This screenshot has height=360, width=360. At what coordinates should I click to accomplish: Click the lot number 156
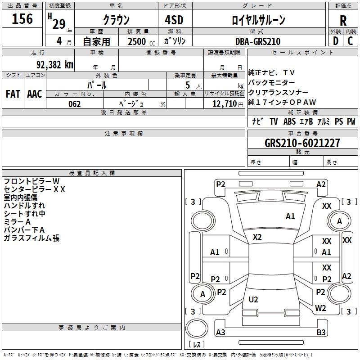[22, 18]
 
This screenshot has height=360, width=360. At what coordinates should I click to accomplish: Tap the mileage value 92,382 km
[55, 65]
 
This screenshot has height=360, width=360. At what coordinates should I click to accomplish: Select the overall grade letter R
[343, 20]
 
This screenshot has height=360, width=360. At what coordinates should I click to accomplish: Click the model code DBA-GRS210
[258, 41]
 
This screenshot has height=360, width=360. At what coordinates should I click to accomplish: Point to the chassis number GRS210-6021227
[302, 143]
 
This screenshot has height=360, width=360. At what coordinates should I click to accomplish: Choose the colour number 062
[74, 104]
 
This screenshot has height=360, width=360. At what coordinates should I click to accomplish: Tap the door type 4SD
[174, 20]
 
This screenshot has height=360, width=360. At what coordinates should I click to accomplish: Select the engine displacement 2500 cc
[141, 41]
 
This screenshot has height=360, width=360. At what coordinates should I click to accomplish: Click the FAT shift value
[13, 94]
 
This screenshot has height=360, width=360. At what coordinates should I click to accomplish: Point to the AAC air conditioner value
[35, 94]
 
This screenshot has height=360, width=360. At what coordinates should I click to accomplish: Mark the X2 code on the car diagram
[257, 237]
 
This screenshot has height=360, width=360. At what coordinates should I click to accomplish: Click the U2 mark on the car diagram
[253, 299]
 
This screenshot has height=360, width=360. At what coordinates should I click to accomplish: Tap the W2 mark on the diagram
[320, 308]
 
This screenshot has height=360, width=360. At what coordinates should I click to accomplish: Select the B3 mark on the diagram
[321, 332]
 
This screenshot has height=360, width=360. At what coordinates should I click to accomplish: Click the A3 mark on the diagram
[220, 332]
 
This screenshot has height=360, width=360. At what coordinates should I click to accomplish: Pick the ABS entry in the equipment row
[289, 121]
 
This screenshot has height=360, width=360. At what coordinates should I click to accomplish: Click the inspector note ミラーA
[17, 222]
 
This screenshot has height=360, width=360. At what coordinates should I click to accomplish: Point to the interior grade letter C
[350, 41]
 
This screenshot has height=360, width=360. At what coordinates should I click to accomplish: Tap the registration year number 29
[59, 24]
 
